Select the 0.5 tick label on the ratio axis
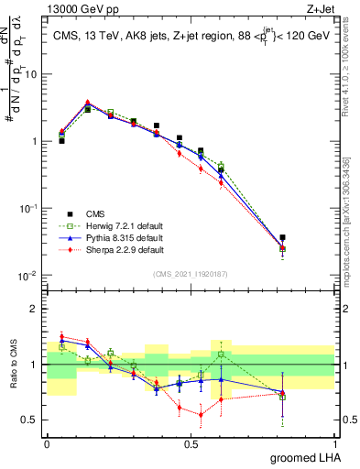[32, 420]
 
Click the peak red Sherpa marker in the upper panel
[87, 103]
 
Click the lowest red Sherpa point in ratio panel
[201, 414]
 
